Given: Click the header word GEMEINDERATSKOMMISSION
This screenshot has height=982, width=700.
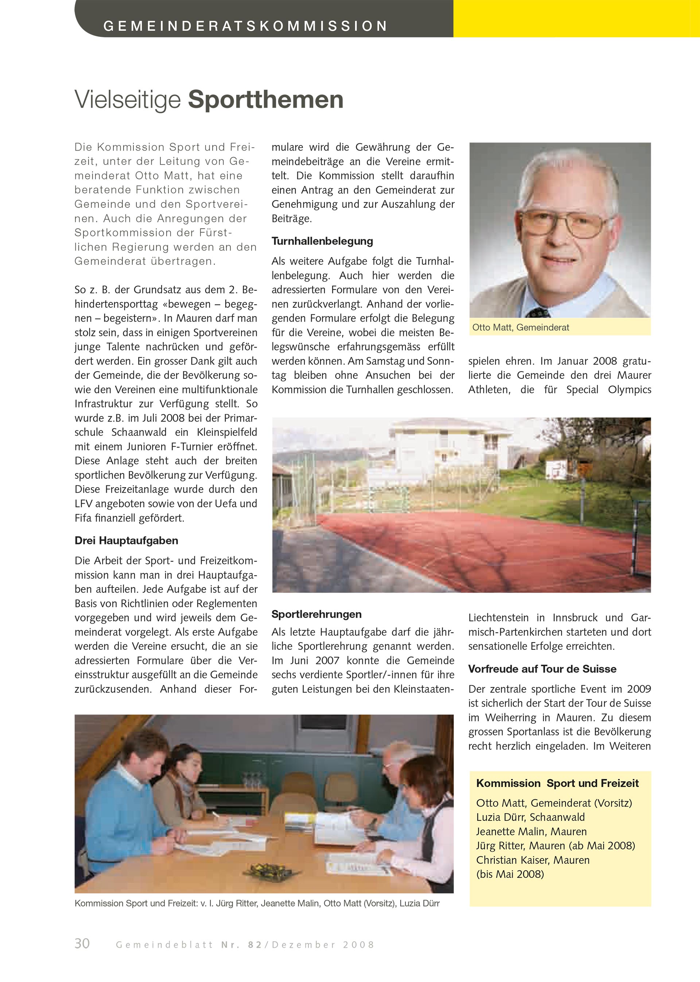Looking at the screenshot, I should coord(245,26).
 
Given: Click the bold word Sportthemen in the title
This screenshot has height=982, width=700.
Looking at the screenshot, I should coord(265,100).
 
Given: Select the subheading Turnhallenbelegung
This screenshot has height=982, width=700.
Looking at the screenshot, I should coord(322,241).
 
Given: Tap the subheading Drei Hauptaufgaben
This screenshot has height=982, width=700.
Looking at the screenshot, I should coord(126,540).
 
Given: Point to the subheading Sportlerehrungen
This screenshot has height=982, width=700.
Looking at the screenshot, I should coord(316,614).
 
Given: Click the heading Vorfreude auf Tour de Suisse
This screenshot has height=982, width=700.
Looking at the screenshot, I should coord(542,669).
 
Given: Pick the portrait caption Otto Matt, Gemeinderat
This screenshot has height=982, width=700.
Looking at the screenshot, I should coord(521,327).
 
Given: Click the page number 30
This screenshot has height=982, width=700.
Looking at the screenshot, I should coord(82,944).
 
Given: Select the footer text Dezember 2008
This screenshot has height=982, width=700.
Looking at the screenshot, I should coord(323,945).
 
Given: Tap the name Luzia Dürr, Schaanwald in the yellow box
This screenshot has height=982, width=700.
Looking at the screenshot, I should coord(530,817).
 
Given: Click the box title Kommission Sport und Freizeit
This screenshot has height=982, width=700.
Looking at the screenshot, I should coord(557,783).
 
